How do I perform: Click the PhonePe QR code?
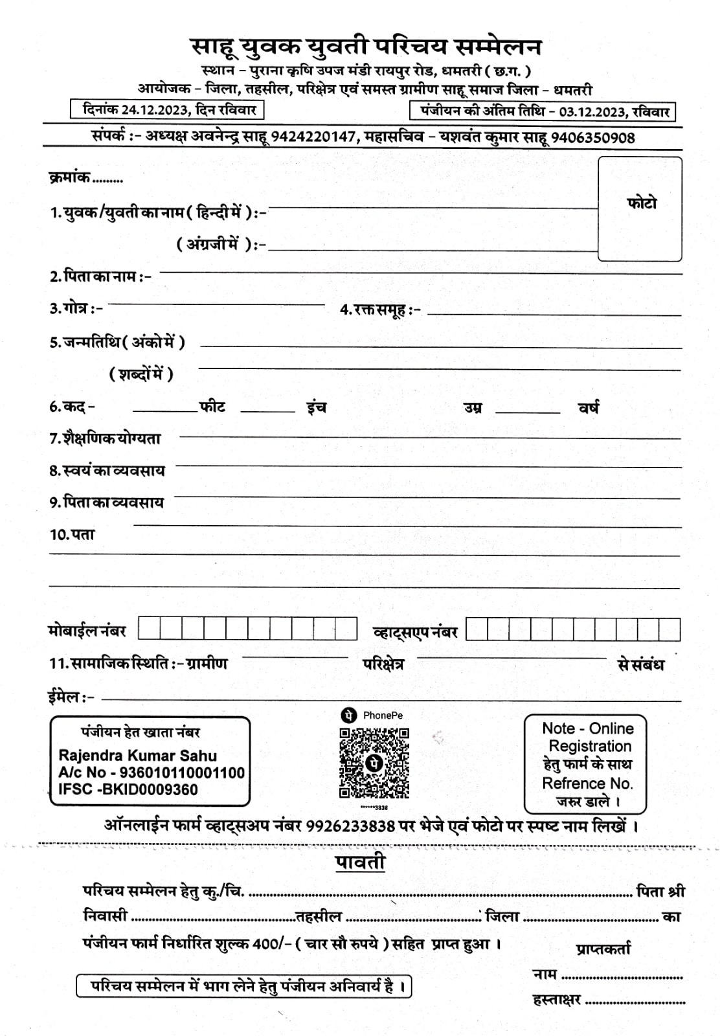[x=374, y=762]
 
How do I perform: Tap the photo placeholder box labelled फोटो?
[x=640, y=208]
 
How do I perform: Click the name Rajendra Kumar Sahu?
[x=138, y=755]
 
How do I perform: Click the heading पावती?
[x=360, y=862]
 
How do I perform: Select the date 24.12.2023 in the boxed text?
[x=154, y=109]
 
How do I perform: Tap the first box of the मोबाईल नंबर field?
[x=150, y=629]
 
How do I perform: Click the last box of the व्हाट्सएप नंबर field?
[x=669, y=629]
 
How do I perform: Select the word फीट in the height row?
[x=212, y=407]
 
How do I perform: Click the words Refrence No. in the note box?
[x=587, y=783]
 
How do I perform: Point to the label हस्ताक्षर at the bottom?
[x=556, y=1000]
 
